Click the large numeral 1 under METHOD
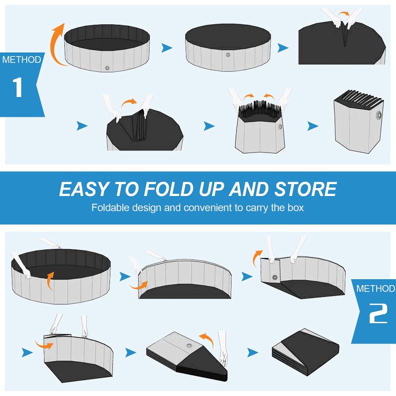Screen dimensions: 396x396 pyautogui.click(x=17, y=87)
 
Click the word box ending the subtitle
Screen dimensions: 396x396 pyautogui.click(x=295, y=207)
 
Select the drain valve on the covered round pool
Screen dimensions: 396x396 pyautogui.click(x=228, y=55)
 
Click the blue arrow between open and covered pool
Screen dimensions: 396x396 pyautogui.click(x=167, y=48)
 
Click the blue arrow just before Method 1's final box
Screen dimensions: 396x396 pyautogui.click(x=312, y=126)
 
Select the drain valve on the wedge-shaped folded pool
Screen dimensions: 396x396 pyautogui.click(x=189, y=346)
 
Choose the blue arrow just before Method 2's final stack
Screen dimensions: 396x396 pyautogui.click(x=252, y=352)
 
